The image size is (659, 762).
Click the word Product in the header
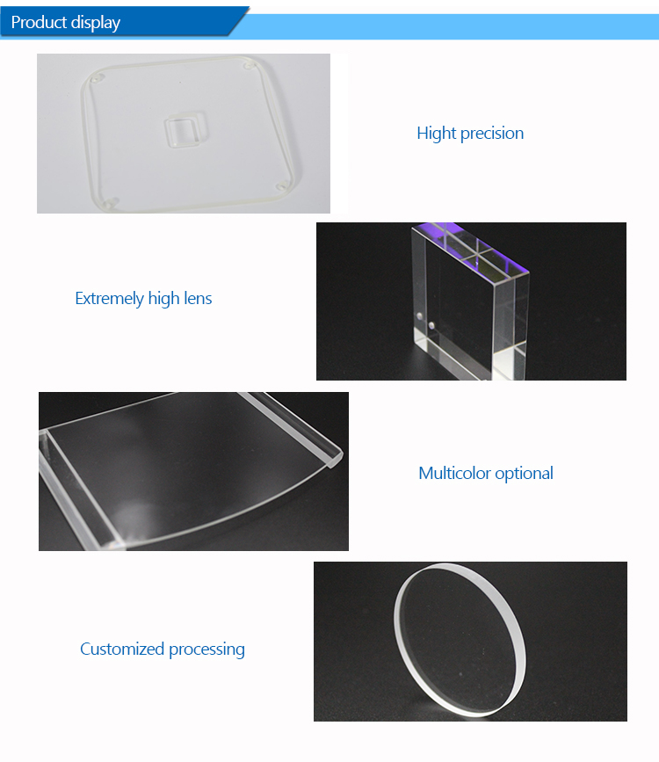[39, 22]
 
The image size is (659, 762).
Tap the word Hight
[437, 134]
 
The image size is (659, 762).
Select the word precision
[492, 134]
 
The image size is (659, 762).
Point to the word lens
[198, 299]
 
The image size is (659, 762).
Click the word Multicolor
[454, 474]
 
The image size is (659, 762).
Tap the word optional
[524, 474]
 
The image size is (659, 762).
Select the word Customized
[122, 650]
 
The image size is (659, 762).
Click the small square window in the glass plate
[185, 130]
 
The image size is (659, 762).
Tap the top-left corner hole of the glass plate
[98, 77]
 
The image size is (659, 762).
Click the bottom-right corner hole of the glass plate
[281, 186]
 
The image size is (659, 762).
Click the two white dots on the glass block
[425, 321]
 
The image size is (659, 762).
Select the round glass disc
[460, 640]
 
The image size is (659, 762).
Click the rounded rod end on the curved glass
[336, 460]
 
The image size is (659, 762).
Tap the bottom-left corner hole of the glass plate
[111, 201]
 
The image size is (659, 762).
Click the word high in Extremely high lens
[163, 299]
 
